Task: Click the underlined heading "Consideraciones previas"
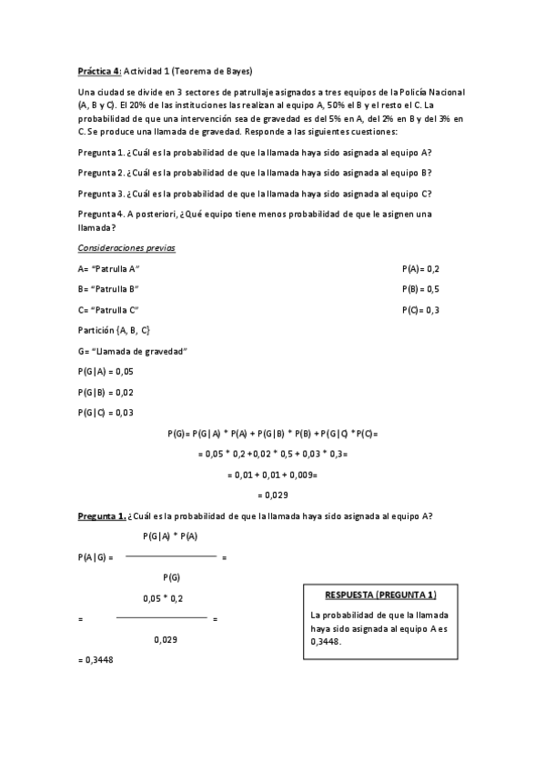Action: (126, 248)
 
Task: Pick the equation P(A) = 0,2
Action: (420, 269)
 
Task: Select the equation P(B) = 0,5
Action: (420, 289)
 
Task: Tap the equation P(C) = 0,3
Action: (420, 310)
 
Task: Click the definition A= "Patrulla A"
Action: (109, 269)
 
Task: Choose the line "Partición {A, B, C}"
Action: (115, 330)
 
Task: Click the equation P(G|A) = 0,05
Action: (106, 371)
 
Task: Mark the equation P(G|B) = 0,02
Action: (106, 392)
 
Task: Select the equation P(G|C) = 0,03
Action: (106, 412)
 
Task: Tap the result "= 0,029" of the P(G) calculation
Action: (273, 495)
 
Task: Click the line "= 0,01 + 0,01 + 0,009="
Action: (271, 474)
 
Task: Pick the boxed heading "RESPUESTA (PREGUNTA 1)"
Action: (380, 595)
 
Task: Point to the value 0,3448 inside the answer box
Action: (326, 641)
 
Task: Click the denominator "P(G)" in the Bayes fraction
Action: (171, 577)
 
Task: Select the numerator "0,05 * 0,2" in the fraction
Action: (163, 598)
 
